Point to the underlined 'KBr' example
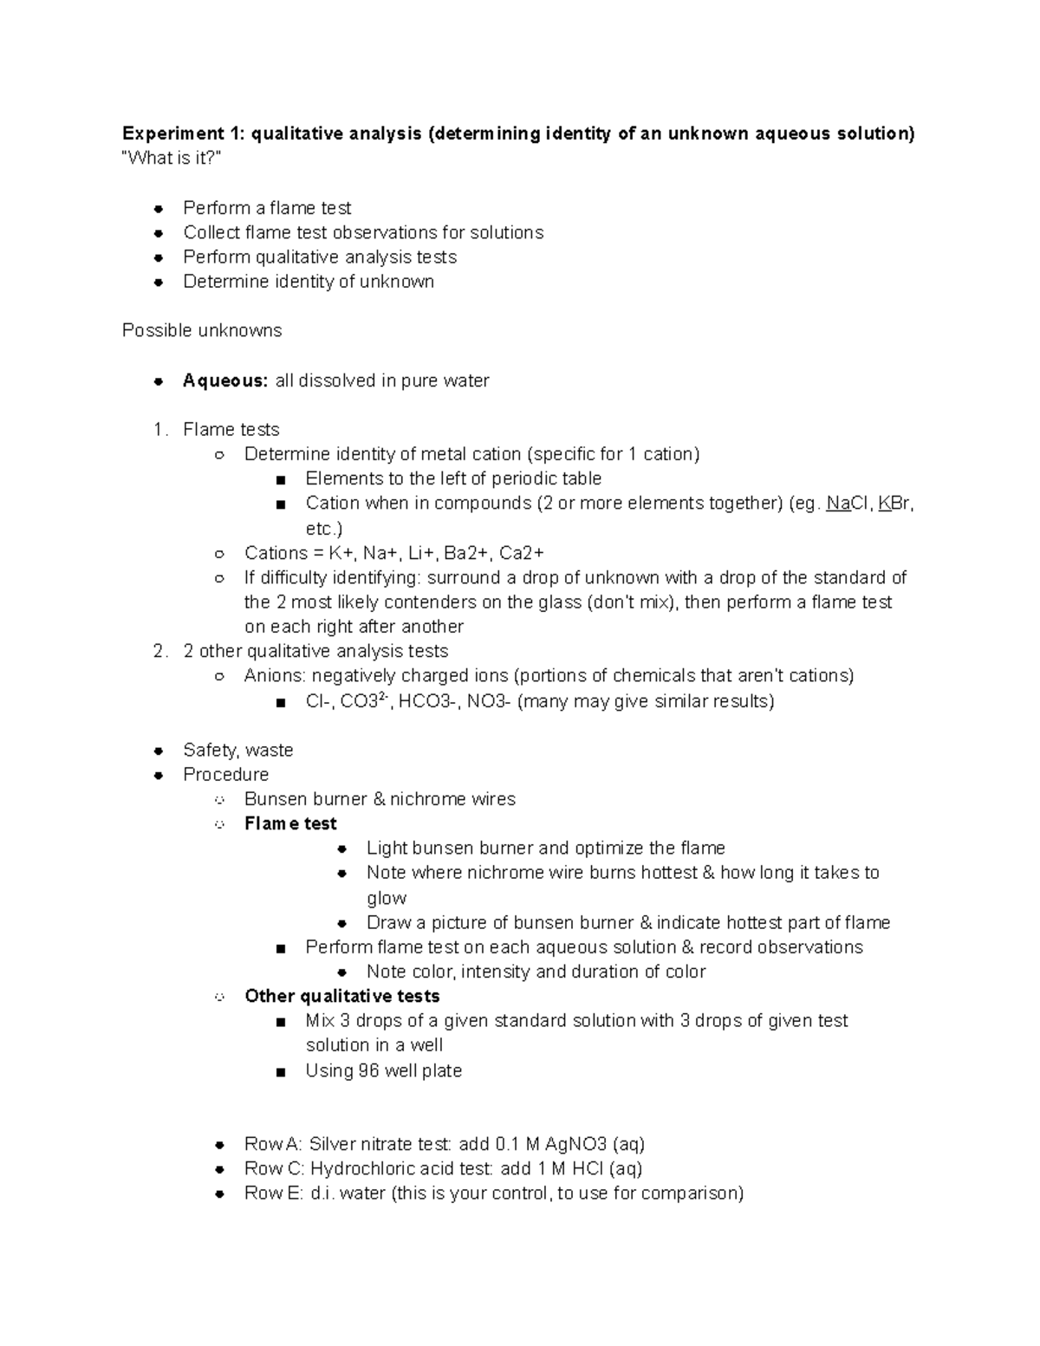point(894,504)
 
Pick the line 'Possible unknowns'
point(202,331)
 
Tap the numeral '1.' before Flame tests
point(159,430)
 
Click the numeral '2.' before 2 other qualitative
point(159,651)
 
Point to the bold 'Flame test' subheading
point(290,823)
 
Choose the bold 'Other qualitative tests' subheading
point(341,996)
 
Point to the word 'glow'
point(386,898)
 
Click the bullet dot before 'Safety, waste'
point(159,751)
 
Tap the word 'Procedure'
point(225,775)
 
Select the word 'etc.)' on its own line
point(324,529)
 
